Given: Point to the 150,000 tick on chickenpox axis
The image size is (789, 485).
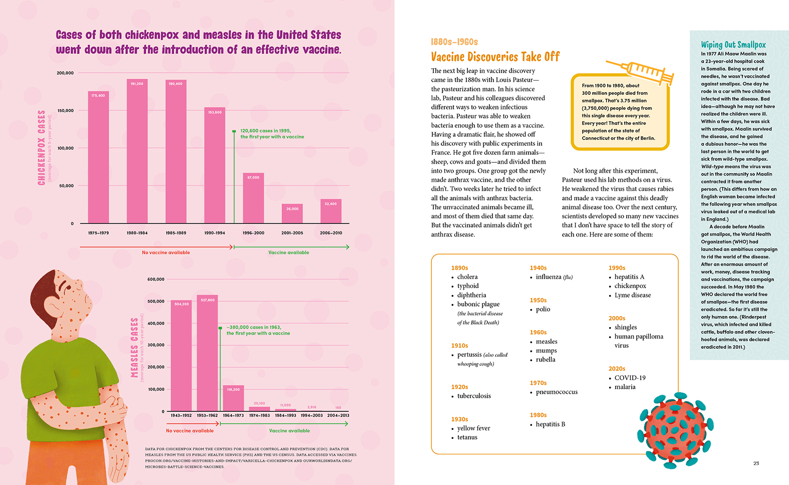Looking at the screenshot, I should pyautogui.click(x=66, y=111).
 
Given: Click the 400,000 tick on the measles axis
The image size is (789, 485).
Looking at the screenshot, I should pyautogui.click(x=156, y=324).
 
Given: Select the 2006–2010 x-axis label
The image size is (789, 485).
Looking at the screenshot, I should pyautogui.click(x=331, y=233).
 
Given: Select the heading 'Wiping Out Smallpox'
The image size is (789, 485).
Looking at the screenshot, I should pyautogui.click(x=733, y=45).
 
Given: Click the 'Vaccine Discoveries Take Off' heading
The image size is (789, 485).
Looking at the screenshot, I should pyautogui.click(x=495, y=57).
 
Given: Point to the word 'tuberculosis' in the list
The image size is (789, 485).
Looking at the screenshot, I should pyautogui.click(x=474, y=396).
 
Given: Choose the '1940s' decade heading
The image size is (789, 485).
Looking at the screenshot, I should pyautogui.click(x=538, y=268).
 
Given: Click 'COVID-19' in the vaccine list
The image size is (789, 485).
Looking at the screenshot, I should pyautogui.click(x=630, y=378).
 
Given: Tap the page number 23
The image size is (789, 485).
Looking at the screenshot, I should pyautogui.click(x=756, y=463).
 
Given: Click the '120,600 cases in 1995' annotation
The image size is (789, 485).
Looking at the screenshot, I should pyautogui.click(x=266, y=131).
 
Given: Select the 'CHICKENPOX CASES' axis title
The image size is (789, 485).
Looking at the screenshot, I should pyautogui.click(x=42, y=148).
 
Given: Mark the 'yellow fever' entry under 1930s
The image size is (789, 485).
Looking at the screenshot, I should pyautogui.click(x=473, y=428).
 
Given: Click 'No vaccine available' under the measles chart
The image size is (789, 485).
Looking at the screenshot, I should pyautogui.click(x=190, y=431).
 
